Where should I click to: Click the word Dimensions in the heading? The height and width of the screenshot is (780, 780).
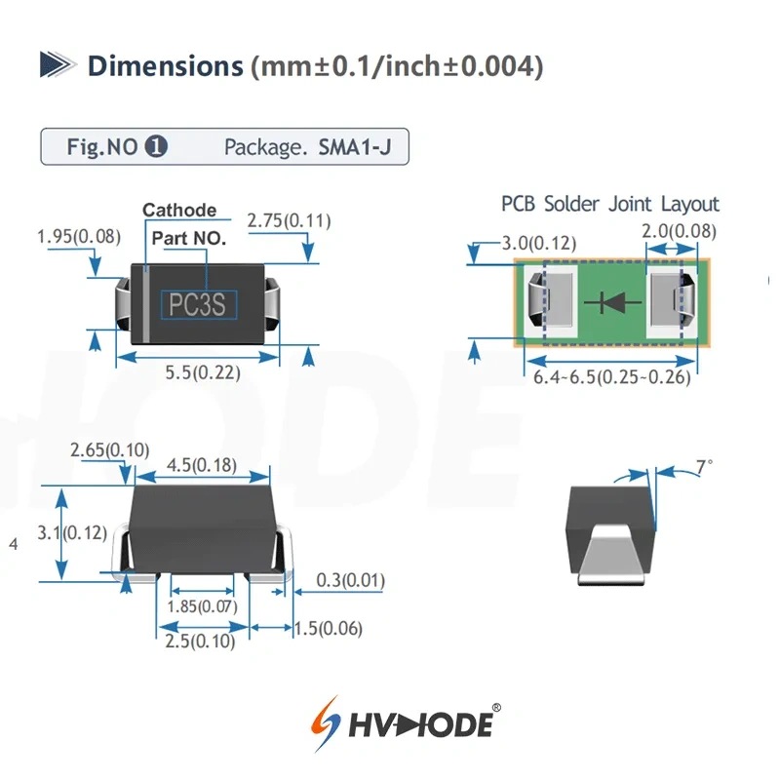164,66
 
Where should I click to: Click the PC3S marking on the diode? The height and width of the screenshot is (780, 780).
198,305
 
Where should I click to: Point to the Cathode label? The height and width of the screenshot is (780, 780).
179,210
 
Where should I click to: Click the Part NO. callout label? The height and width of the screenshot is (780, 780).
189,237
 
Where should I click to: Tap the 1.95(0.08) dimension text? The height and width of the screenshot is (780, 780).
77,236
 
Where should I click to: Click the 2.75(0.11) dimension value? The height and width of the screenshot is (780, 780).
289,221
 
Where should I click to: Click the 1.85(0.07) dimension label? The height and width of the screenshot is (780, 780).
203,606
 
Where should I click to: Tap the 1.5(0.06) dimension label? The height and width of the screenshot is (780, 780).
329,629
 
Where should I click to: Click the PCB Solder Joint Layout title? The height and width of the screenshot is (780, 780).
610,204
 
